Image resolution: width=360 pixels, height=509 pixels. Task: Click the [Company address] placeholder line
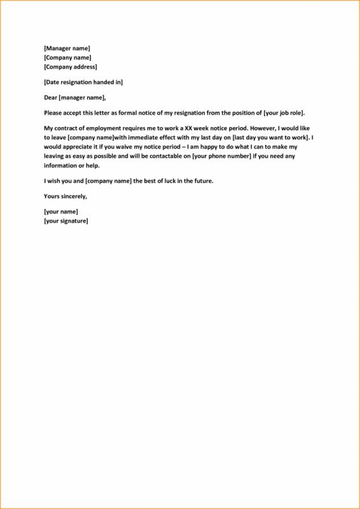point(71,67)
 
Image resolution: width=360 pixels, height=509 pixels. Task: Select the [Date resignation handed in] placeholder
point(83,82)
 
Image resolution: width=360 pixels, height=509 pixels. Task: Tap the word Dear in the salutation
point(50,97)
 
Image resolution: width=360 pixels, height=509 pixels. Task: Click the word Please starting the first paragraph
point(53,113)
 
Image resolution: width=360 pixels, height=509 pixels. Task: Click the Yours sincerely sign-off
point(66,196)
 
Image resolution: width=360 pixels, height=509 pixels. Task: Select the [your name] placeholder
point(61,211)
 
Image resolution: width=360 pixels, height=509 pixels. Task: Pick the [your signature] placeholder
point(66,221)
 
